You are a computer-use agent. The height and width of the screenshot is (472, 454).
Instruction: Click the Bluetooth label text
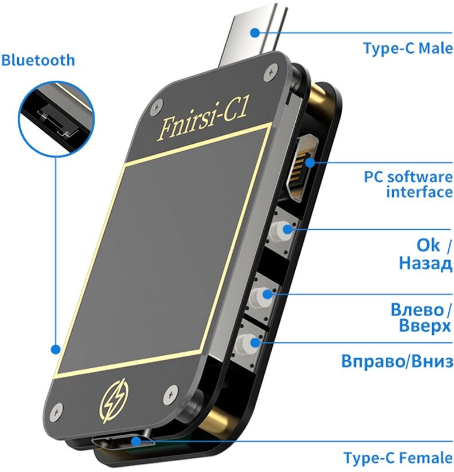(38, 60)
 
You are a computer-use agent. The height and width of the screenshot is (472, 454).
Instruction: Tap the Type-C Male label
(407, 48)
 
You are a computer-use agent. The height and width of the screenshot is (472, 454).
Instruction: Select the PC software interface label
(408, 184)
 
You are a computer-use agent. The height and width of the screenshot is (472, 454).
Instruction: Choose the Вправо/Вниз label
(397, 362)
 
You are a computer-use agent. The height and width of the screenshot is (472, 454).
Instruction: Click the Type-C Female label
(398, 458)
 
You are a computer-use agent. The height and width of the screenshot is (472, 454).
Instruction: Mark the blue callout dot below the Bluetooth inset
(55, 349)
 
